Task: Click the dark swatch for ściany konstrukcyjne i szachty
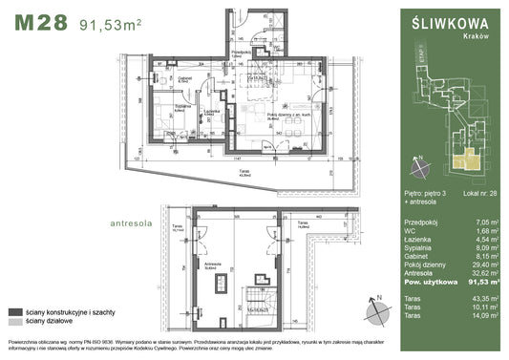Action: coord(14,312)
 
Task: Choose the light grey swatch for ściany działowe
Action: coord(14,323)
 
